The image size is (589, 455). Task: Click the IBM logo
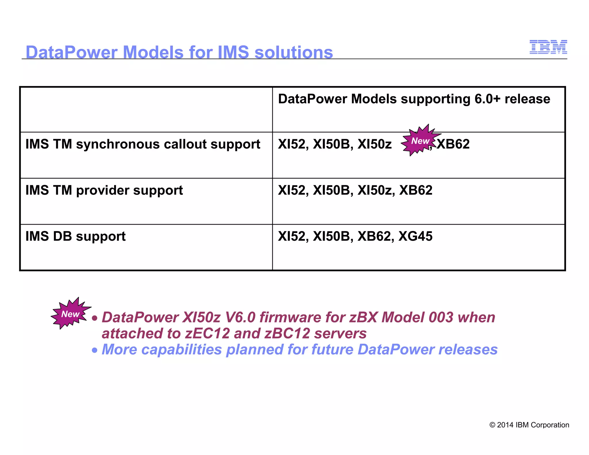click(x=548, y=47)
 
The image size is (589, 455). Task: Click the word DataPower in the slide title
click(x=71, y=52)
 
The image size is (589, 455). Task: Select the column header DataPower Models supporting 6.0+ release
click(x=414, y=99)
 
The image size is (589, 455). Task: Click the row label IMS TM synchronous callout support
click(x=143, y=144)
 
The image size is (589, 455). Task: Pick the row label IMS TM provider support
click(x=104, y=190)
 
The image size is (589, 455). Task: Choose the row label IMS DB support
click(x=75, y=236)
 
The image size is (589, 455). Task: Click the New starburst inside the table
click(x=420, y=141)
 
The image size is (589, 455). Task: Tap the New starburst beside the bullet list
click(x=70, y=313)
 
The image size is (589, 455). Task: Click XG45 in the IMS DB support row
click(x=415, y=236)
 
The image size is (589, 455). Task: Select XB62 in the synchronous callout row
click(x=453, y=144)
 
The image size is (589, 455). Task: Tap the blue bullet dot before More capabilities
click(x=95, y=350)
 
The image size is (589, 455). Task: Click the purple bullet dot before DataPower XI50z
click(x=95, y=318)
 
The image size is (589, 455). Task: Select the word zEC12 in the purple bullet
click(x=207, y=334)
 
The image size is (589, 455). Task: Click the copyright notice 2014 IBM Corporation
click(x=529, y=425)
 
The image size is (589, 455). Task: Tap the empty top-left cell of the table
click(x=146, y=110)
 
